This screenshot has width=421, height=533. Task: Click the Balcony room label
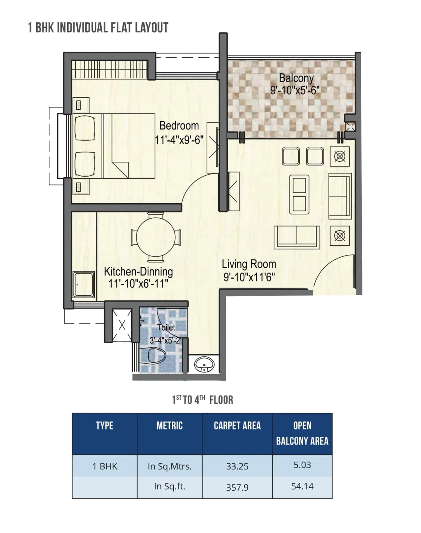pos(296,78)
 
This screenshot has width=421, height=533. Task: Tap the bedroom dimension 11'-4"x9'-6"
pos(179,140)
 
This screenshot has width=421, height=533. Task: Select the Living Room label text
pos(249,264)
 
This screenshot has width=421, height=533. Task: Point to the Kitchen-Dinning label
pos(138,272)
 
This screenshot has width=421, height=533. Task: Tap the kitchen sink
pos(84,284)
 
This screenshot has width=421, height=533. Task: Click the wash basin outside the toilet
pos(204,365)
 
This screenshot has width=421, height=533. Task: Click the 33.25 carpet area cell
pos(237,466)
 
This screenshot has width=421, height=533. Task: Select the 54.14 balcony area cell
pos(302,486)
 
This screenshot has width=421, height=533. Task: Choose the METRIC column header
pos(169,425)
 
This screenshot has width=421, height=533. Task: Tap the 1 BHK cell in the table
pos(105,466)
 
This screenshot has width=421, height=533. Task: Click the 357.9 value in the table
pos(237,487)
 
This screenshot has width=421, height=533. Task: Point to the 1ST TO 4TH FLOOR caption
pos(203,400)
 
